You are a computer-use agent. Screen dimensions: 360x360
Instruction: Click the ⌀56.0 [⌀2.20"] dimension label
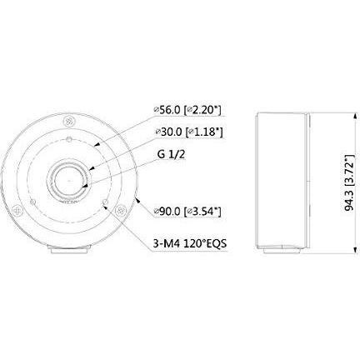tap(187, 110)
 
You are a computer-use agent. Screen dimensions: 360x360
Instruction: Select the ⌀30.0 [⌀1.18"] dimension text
tap(189, 132)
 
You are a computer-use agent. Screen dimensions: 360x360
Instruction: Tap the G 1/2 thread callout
tap(171, 154)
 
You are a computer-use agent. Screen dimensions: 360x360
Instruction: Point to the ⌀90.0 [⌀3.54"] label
tap(187, 212)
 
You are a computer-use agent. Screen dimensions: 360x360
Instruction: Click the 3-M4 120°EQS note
tap(190, 244)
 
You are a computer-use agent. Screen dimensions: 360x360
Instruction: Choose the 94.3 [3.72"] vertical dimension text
tap(349, 183)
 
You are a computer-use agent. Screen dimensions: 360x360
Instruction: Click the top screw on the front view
tap(69, 121)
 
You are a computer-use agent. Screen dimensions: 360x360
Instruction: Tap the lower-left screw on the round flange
tap(17, 210)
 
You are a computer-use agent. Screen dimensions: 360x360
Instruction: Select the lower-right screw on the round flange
tap(121, 210)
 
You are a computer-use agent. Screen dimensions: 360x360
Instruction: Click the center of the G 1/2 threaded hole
tap(68, 180)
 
